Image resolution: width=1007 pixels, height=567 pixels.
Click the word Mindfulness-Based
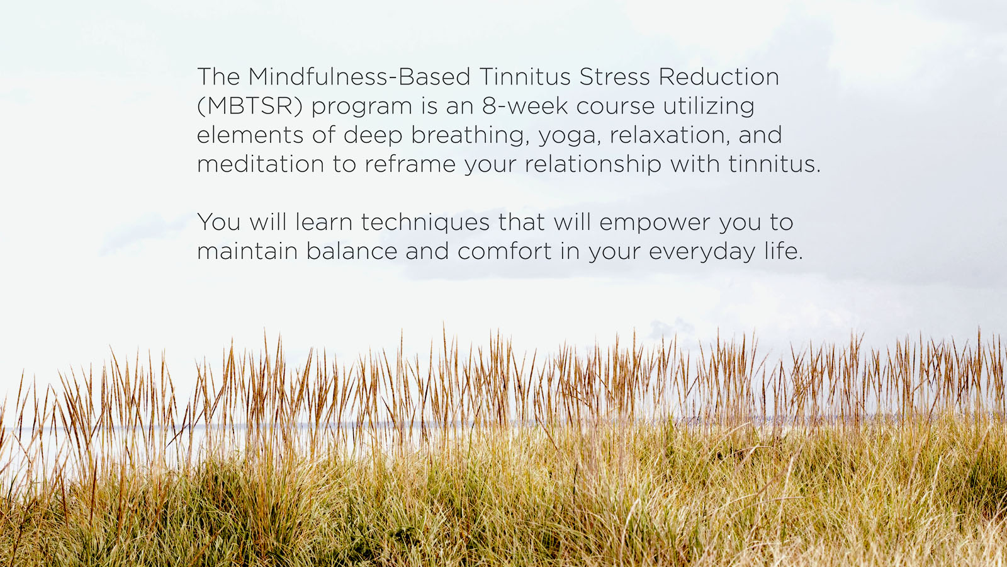[359, 76]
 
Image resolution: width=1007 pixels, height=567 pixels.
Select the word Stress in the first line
[614, 76]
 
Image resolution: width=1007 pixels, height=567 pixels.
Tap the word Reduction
[719, 76]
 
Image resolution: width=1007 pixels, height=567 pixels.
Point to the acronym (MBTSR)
[249, 106]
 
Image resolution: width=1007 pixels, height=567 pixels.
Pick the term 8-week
[525, 106]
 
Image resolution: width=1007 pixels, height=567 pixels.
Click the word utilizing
[709, 107]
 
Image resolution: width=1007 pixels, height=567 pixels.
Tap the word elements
[250, 135]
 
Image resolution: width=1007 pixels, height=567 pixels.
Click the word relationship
[593, 164]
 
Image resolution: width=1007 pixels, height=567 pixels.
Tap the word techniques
[425, 223]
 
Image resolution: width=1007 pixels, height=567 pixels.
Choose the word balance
[352, 251]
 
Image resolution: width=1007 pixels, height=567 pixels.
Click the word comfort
[504, 251]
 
